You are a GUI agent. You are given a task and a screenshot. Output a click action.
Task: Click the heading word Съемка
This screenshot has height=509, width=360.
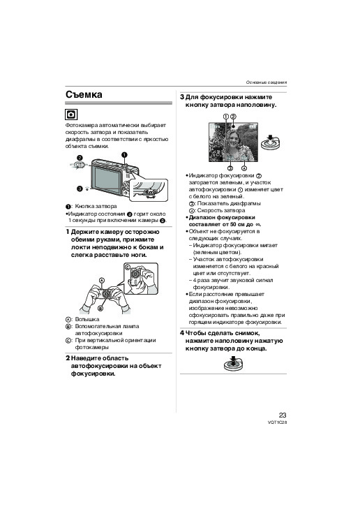point(84,95)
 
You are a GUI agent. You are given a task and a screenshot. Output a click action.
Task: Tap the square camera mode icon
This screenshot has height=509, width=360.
point(71,115)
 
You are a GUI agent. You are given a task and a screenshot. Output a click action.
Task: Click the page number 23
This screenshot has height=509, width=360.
point(283,415)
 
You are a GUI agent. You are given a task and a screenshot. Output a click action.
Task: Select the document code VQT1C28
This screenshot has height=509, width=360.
point(277,422)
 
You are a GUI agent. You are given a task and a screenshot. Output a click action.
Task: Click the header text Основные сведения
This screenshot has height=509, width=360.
point(267,82)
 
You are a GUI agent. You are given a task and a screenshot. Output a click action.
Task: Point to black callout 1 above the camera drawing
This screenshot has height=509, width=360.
point(124,155)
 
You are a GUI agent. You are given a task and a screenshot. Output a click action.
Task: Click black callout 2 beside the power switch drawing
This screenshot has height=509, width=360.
point(80,158)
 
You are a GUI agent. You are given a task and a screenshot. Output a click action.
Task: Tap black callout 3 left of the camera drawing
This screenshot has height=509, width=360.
point(79,189)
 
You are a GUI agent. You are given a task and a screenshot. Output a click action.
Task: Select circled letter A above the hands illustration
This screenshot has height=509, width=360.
point(102,280)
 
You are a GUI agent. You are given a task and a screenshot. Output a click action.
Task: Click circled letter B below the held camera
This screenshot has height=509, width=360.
point(100,308)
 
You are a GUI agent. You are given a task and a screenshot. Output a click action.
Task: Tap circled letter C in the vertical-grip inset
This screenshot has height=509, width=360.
point(128,267)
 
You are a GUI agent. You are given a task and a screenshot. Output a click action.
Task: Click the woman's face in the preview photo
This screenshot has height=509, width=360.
point(234,140)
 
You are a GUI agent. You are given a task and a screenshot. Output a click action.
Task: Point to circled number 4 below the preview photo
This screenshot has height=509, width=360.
point(244,168)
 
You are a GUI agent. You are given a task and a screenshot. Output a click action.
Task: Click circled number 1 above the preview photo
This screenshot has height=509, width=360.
point(226,117)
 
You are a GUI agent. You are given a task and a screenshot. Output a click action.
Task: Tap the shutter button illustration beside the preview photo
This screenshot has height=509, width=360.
point(270,142)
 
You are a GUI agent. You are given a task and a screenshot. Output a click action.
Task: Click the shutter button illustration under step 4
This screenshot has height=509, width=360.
point(233,364)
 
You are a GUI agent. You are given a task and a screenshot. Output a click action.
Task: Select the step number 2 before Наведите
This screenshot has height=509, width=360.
point(68,358)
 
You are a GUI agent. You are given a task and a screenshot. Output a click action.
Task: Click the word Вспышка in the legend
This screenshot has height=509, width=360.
point(87,319)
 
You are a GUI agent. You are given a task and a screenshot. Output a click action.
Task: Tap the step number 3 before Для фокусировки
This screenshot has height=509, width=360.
point(182,97)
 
